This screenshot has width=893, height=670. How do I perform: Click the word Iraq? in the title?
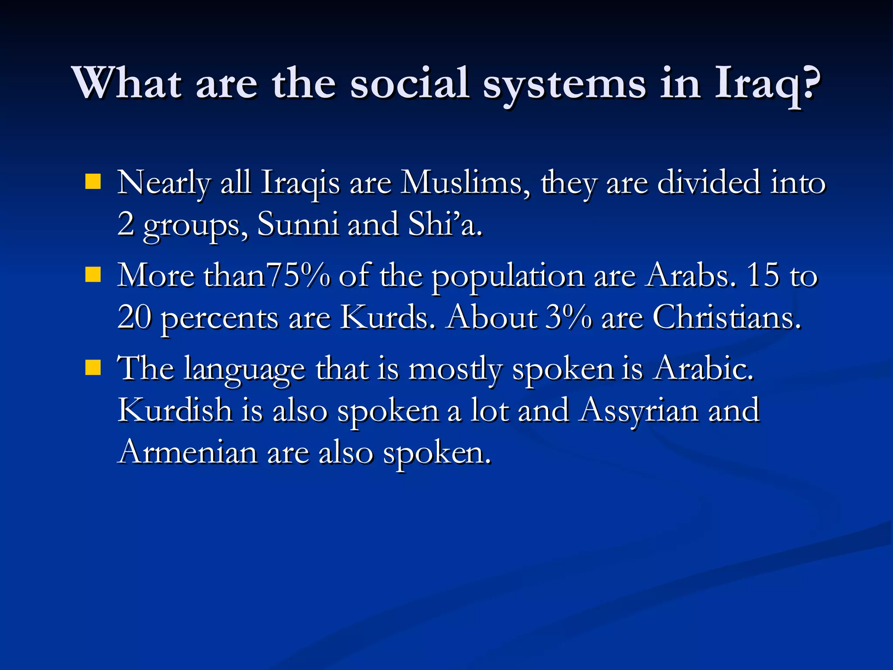pos(767,84)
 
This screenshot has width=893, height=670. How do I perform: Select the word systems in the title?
pos(564,84)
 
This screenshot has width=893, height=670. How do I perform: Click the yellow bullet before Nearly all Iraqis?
pos(93,181)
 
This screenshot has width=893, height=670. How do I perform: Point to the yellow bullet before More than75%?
pos(93,275)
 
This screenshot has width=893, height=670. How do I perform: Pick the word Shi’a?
pos(445,224)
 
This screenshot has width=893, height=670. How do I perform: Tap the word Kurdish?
pos(175,410)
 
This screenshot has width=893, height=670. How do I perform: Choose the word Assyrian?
pos(639,410)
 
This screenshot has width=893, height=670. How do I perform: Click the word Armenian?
pos(188,452)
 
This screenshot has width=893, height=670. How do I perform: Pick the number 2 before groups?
pos(126,224)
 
